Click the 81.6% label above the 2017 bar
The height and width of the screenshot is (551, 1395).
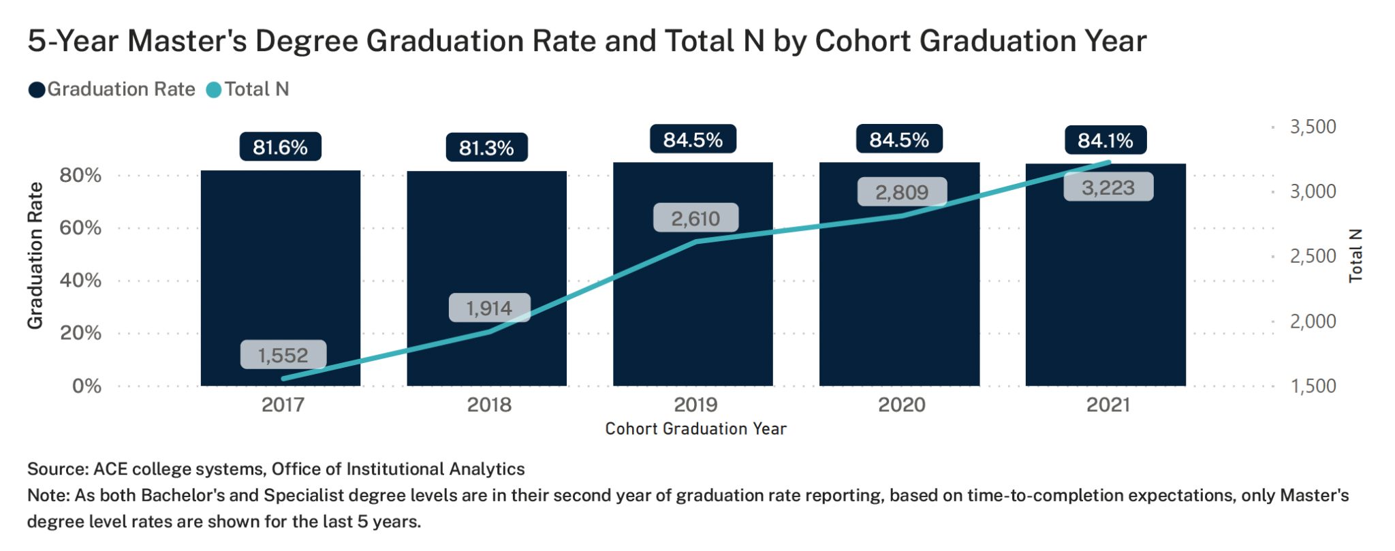tap(280, 147)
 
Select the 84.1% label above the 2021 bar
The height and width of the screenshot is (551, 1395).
tap(1105, 140)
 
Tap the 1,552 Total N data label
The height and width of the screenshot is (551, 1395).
tap(283, 355)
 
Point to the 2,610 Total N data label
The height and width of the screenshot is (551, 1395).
tap(695, 218)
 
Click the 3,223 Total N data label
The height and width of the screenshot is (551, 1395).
tap(1108, 187)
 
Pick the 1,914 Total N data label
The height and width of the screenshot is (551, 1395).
tap(488, 308)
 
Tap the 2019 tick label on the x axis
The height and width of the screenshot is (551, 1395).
tap(695, 405)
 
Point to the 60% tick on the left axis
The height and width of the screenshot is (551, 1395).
tap(80, 227)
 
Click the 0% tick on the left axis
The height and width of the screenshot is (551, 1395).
tap(87, 386)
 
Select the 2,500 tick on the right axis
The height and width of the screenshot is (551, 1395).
tap(1313, 256)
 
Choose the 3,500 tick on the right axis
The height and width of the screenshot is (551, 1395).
tap(1313, 127)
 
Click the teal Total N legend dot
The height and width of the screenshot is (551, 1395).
tap(214, 90)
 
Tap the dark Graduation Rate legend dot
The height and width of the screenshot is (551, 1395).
tap(37, 90)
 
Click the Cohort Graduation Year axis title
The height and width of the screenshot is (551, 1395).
tap(695, 428)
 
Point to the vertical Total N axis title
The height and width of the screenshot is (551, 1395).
tap(1355, 255)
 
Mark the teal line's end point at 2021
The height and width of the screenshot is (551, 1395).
tap(1109, 162)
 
